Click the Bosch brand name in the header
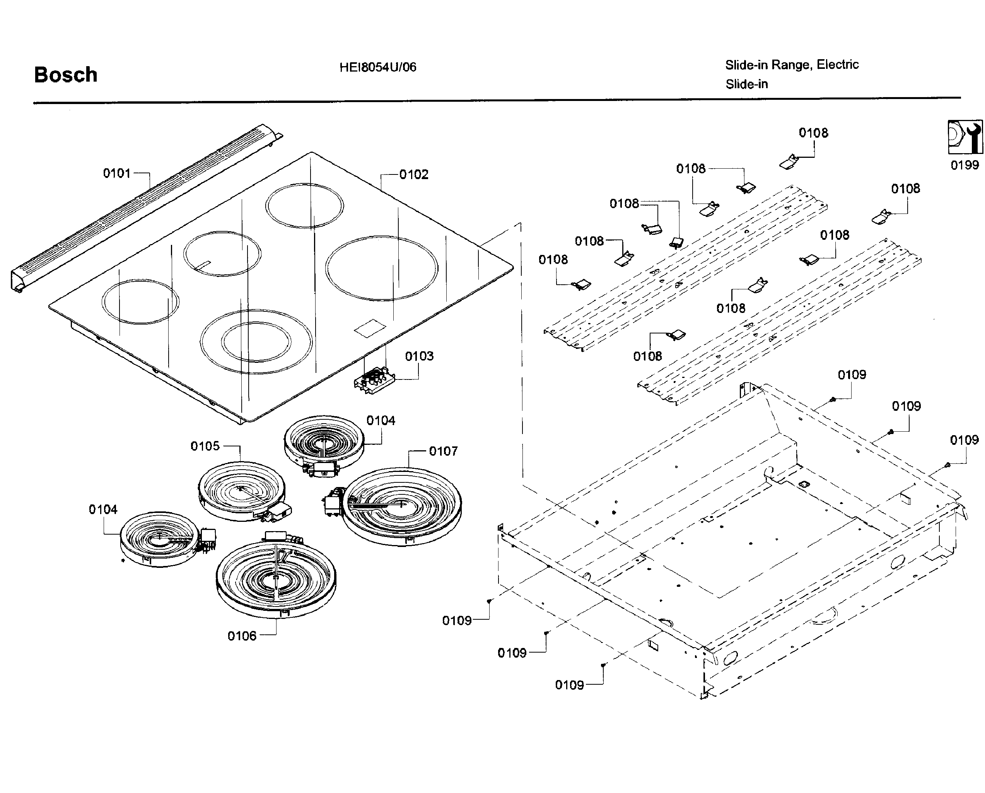coord(66,75)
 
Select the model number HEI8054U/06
coord(377,67)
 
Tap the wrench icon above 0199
coord(965,137)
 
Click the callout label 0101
coord(117,173)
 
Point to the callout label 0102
coord(413,174)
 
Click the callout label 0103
coord(419,356)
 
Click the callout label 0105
coord(205,446)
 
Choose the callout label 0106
coord(242,636)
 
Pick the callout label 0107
coord(443,451)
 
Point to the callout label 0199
coord(965,165)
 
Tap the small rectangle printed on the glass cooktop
coord(370,328)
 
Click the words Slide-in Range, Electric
coord(791,65)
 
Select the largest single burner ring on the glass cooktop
coord(381,268)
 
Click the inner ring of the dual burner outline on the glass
coord(256,342)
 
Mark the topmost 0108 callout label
coord(813,133)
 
